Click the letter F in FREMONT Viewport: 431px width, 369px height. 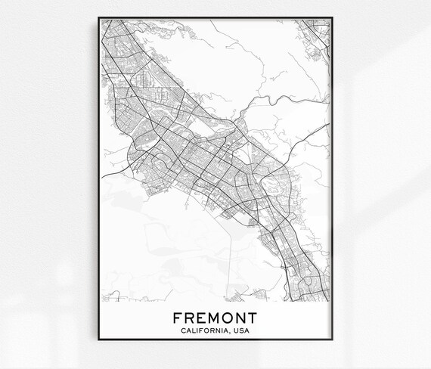pos(177,316)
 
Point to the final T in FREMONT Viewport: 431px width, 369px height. pos(251,316)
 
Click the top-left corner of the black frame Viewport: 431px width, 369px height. pos(97,14)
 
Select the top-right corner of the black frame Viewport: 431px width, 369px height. pos(335,14)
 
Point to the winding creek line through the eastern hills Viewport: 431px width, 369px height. pos(280,98)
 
